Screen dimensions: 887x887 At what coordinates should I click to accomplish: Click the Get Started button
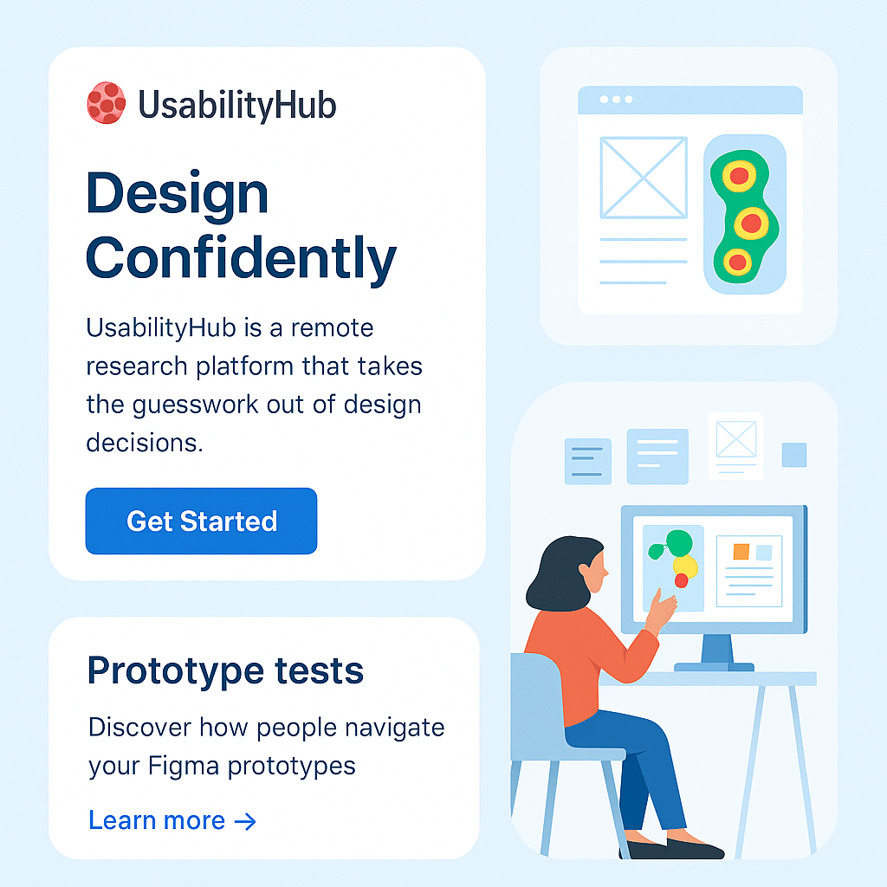point(201,521)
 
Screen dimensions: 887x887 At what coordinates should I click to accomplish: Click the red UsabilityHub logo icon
point(107,103)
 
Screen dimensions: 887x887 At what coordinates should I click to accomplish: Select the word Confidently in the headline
point(241,258)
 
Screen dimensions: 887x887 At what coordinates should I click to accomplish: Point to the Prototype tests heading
point(225,671)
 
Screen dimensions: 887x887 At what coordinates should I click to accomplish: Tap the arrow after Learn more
point(245,821)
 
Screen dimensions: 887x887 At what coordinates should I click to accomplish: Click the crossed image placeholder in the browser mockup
point(644,178)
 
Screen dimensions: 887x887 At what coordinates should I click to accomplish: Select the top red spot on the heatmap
point(740,176)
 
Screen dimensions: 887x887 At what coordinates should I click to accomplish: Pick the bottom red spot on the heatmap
point(737,262)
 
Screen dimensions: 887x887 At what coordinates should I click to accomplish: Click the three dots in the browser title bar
point(616,100)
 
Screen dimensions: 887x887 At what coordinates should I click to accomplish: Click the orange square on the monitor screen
point(741,552)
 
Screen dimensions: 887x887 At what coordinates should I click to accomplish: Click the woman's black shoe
point(673,849)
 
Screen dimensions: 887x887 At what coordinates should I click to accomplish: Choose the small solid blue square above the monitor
point(794,456)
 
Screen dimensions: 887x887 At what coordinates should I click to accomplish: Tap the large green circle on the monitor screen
point(679,543)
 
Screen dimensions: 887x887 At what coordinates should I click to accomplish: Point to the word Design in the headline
point(177,194)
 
